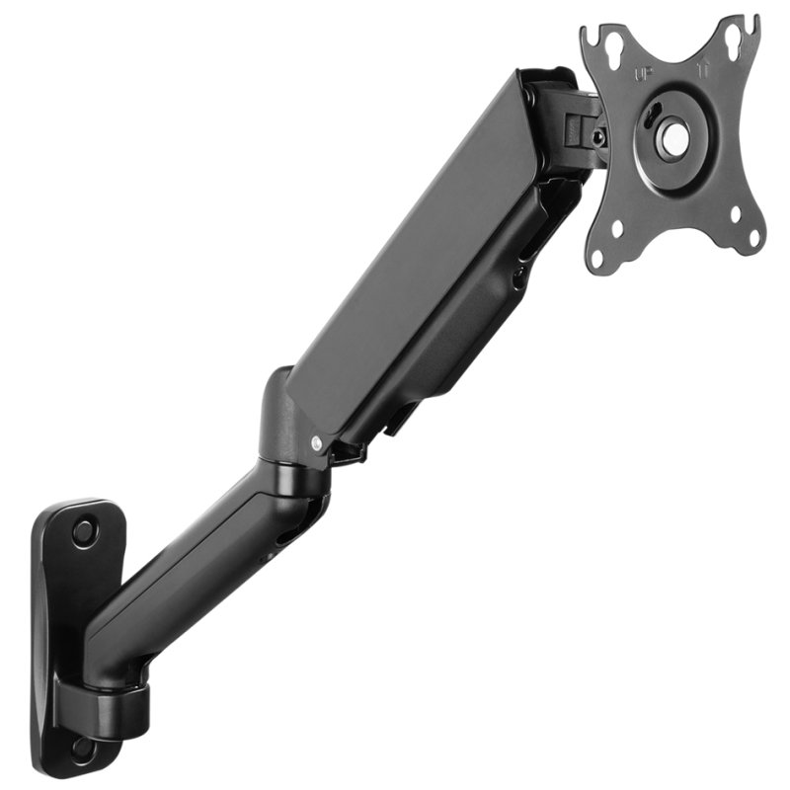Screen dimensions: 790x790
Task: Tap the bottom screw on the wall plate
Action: pos(83,748)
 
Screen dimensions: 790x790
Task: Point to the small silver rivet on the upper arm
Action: pos(315,443)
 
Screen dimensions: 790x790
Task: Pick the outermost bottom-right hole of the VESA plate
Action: pos(753,237)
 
